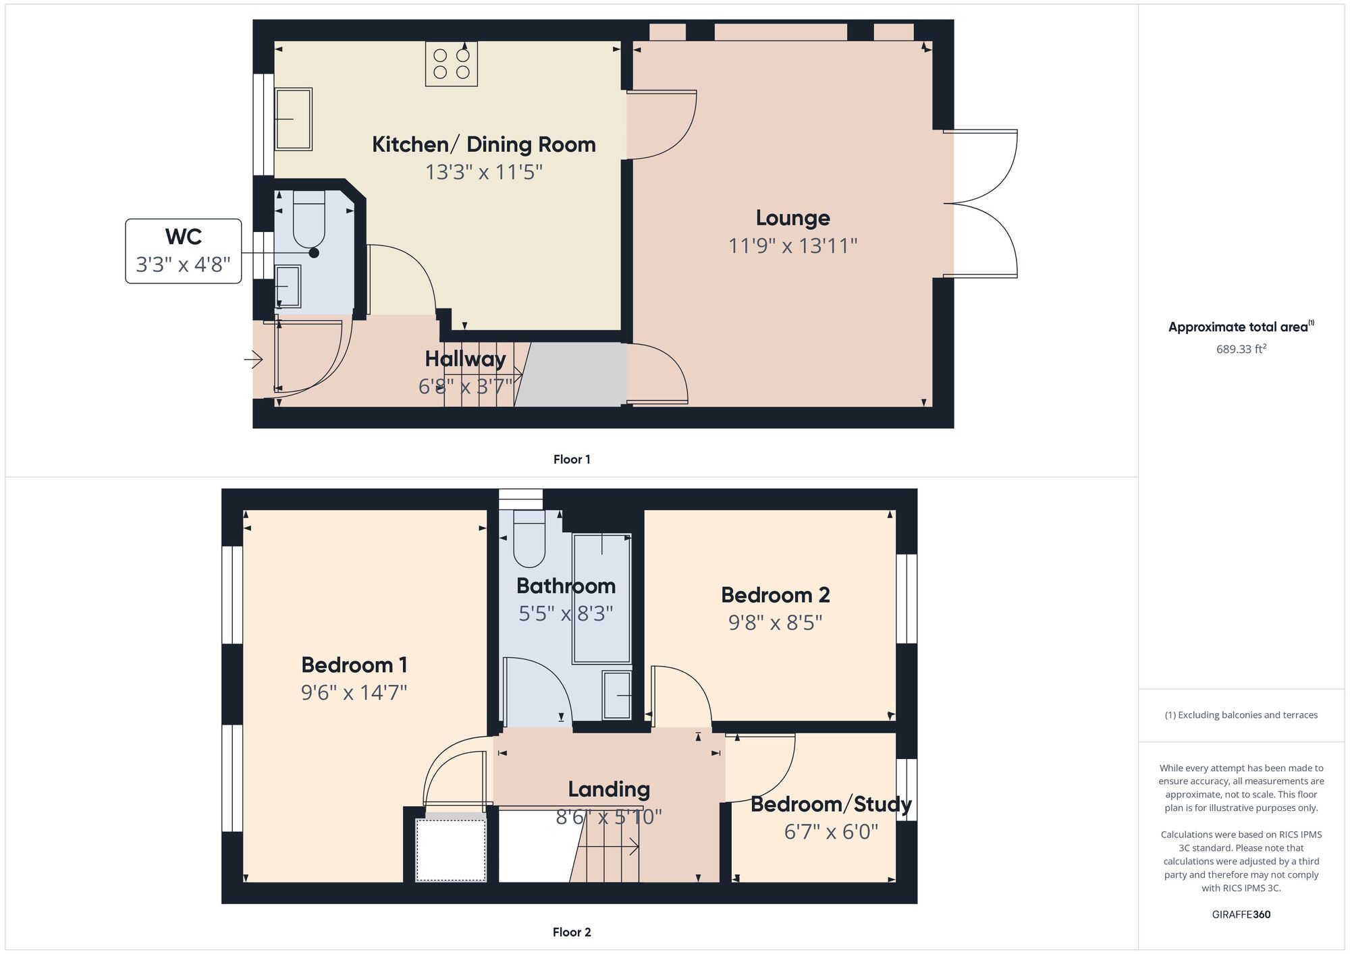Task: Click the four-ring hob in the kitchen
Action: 451,64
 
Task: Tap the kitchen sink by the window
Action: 294,119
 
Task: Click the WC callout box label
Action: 183,237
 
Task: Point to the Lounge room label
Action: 792,218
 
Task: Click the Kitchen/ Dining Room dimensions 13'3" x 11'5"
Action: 483,172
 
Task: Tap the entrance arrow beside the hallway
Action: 254,360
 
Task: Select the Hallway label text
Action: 465,359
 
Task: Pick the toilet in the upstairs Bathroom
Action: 529,539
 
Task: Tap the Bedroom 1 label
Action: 354,665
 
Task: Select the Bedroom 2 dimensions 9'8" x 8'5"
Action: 775,622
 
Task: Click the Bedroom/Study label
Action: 831,804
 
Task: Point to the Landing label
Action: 608,789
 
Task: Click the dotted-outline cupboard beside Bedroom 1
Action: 450,849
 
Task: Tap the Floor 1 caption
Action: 572,459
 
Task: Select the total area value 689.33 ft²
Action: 1241,349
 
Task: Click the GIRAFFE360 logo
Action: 1241,915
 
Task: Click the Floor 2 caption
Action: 572,932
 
